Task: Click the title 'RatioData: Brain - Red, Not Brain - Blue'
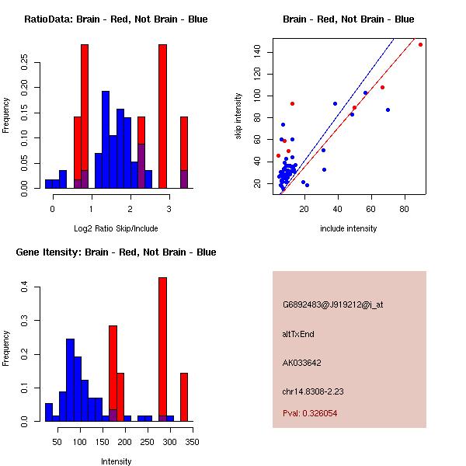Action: click(x=116, y=19)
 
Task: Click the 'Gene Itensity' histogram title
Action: click(x=116, y=252)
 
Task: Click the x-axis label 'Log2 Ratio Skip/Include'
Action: click(x=116, y=228)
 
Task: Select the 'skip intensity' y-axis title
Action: click(x=239, y=116)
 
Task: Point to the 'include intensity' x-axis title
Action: click(x=348, y=228)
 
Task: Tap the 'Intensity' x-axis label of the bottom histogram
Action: click(x=116, y=461)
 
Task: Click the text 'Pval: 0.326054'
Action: click(x=309, y=413)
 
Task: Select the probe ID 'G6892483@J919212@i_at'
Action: click(x=332, y=304)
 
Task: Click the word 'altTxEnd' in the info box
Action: click(x=298, y=334)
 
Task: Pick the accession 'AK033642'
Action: click(x=302, y=362)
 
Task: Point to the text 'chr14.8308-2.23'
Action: click(x=312, y=390)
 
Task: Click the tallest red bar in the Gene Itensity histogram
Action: click(x=163, y=349)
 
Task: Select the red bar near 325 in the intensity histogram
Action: click(x=184, y=397)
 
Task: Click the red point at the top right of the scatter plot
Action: click(x=420, y=44)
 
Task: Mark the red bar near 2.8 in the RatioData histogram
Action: click(x=163, y=116)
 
